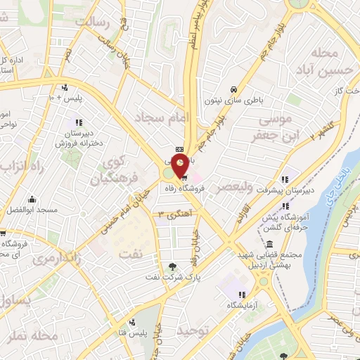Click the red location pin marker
pyautogui.click(x=180, y=165)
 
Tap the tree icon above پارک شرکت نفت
pyautogui.click(x=172, y=265)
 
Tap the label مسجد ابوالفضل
pyautogui.click(x=52, y=209)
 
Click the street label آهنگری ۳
pyautogui.click(x=176, y=214)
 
